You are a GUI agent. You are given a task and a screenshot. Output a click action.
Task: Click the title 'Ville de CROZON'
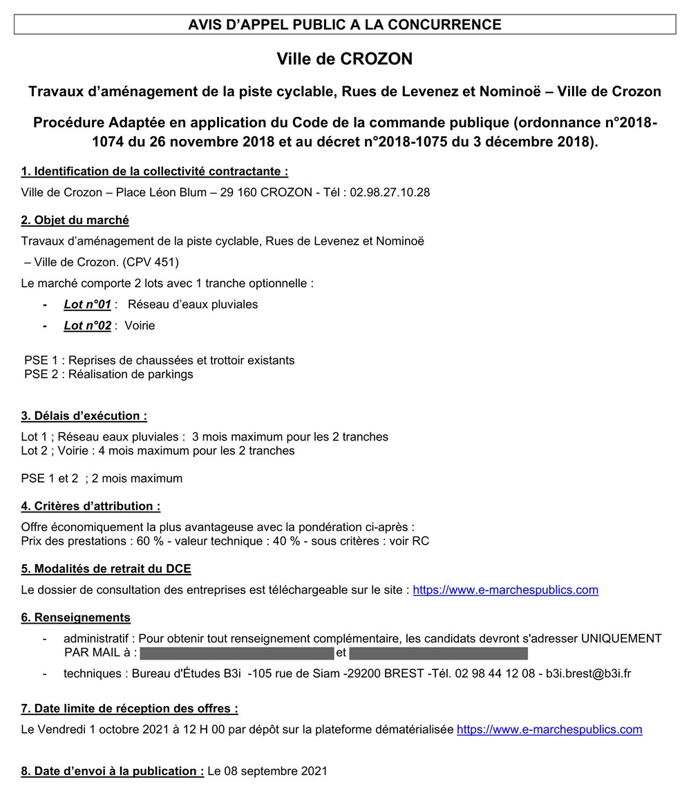(x=344, y=59)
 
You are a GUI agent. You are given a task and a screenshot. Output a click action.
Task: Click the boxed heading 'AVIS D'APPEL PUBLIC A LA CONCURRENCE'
(x=345, y=25)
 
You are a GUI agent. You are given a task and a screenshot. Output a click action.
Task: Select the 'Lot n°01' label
(x=87, y=304)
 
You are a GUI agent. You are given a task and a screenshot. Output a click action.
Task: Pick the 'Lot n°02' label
(x=87, y=326)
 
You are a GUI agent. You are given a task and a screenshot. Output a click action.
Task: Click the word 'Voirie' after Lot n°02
(x=140, y=326)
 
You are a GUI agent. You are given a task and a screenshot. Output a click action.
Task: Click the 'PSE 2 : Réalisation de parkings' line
(x=108, y=374)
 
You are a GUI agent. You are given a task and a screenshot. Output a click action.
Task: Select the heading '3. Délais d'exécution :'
(x=84, y=416)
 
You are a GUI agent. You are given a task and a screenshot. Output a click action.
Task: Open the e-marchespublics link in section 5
(x=505, y=590)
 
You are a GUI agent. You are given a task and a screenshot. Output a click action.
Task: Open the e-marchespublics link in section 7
(x=549, y=729)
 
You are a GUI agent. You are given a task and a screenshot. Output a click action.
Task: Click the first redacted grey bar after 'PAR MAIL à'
(x=237, y=653)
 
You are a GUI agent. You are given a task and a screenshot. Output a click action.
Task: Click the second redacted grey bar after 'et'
(x=438, y=653)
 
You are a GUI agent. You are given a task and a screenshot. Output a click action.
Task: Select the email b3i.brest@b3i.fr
(x=588, y=673)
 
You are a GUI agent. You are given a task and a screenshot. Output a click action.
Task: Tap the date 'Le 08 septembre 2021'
(x=267, y=771)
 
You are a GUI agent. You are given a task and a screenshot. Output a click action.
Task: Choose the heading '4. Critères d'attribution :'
(x=91, y=506)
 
